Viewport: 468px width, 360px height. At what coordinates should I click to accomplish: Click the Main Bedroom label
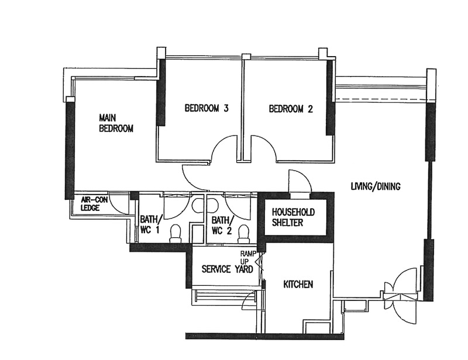click(116, 123)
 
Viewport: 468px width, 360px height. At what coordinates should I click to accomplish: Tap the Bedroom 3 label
click(207, 108)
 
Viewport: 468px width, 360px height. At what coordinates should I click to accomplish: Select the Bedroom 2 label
click(291, 109)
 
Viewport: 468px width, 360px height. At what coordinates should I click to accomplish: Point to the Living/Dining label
click(376, 186)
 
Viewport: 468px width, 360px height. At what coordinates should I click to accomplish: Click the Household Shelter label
click(293, 217)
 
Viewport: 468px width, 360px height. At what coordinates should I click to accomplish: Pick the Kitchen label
click(298, 284)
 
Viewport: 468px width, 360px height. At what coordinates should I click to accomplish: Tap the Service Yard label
click(227, 269)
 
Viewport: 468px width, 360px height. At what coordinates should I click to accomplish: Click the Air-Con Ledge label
click(94, 204)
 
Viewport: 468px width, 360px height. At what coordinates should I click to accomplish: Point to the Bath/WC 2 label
click(222, 225)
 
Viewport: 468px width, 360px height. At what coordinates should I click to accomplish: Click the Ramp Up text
click(248, 257)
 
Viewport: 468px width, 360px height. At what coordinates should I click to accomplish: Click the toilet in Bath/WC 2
click(244, 234)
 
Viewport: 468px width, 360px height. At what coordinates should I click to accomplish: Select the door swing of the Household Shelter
click(304, 175)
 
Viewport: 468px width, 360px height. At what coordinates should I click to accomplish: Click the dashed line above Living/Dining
click(381, 99)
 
